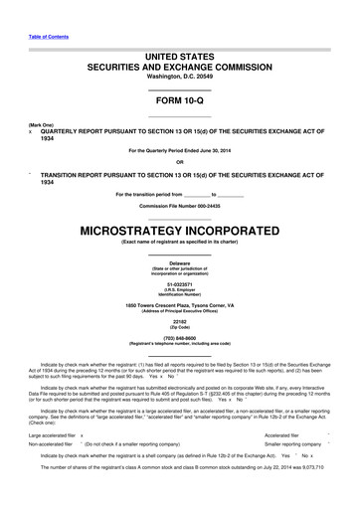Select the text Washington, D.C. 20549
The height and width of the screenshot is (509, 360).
[x=179, y=77]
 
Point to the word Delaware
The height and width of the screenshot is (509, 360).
[x=179, y=262]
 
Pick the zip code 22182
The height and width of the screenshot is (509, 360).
[x=179, y=323]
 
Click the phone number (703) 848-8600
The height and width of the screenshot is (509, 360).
[x=179, y=339]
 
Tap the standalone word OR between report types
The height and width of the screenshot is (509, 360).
[x=179, y=162]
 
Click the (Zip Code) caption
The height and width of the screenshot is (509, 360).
[x=179, y=329]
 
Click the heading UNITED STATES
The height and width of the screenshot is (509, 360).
[x=179, y=58]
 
